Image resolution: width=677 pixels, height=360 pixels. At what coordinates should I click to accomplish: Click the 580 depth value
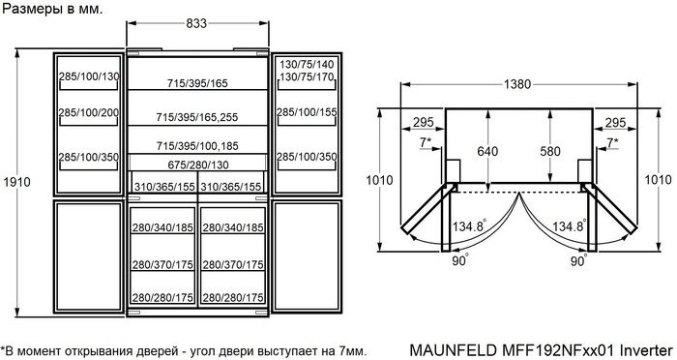click(x=548, y=151)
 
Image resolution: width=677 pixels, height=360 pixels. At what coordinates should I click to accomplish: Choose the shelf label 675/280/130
click(x=198, y=165)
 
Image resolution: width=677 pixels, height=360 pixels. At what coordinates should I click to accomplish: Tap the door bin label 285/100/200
click(x=88, y=113)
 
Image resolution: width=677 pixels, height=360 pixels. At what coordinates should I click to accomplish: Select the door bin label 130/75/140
click(x=307, y=63)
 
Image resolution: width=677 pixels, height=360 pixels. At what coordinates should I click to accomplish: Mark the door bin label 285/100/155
click(x=307, y=113)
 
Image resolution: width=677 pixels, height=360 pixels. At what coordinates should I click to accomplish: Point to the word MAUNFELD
click(x=453, y=348)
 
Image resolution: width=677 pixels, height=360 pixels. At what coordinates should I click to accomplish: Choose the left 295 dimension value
click(x=422, y=122)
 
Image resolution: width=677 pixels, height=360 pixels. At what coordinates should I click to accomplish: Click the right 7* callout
click(x=611, y=143)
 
